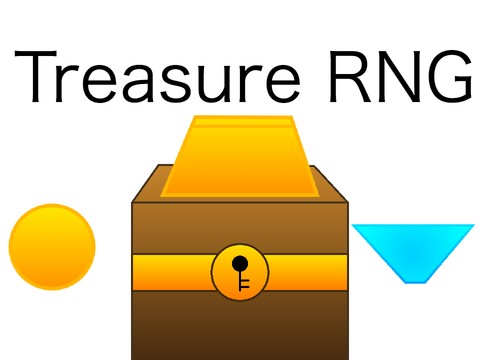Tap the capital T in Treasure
(x=37, y=76)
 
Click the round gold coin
(x=52, y=246)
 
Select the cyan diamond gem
(x=412, y=249)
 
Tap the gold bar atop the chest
(x=240, y=160)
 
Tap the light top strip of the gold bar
(x=240, y=123)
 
